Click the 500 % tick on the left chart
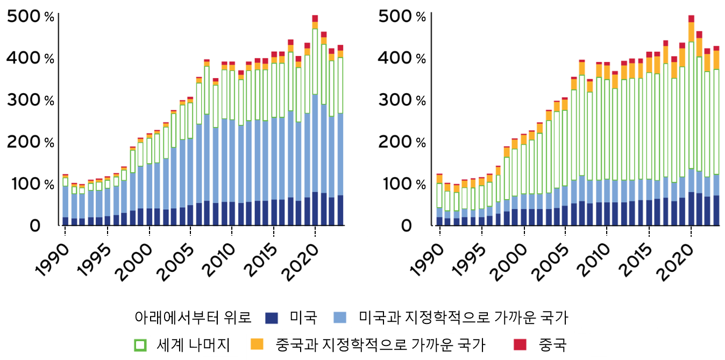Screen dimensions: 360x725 [31, 17]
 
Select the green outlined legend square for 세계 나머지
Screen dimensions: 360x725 [140, 344]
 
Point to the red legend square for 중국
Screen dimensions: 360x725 [520, 344]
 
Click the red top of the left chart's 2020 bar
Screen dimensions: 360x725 [315, 18]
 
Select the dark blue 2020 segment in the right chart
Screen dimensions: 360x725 [691, 208]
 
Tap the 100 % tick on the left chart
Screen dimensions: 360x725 [31, 185]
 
